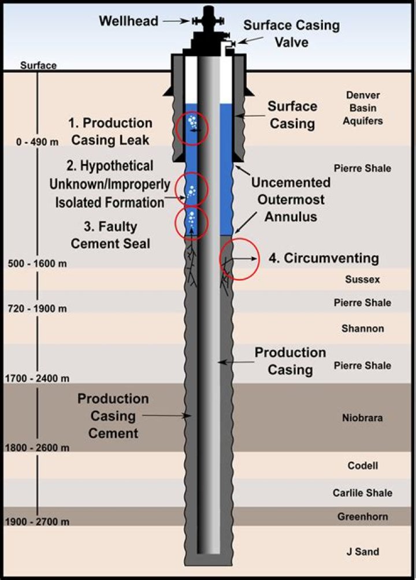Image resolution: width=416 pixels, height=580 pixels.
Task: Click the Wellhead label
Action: coord(128,21)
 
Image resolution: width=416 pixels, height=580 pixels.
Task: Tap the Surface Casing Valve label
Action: coord(291,34)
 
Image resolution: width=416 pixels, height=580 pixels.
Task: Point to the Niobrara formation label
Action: coord(362,418)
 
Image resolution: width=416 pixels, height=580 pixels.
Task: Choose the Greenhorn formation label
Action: coord(362,516)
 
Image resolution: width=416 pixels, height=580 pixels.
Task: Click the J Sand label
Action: coord(363,552)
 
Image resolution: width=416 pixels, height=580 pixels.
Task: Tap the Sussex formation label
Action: coord(362,279)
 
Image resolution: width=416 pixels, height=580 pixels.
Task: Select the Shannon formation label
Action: coord(363,329)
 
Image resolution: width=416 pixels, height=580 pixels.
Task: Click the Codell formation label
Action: coord(363,466)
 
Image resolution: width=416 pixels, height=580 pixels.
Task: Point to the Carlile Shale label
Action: coord(362,493)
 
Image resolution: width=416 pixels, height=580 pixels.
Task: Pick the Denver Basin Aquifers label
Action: coord(363,108)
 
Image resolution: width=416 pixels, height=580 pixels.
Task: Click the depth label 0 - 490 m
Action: coord(37,142)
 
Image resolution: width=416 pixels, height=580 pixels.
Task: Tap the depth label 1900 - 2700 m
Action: coord(37,522)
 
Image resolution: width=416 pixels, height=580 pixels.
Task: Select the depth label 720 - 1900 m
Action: coord(37,308)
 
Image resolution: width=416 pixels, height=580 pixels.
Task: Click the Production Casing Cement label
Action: coord(113,416)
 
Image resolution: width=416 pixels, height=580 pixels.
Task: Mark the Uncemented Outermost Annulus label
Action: coord(291,200)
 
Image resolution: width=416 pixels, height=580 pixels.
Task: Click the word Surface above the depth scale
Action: coord(38,65)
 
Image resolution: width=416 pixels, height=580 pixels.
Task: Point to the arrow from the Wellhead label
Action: coord(176,21)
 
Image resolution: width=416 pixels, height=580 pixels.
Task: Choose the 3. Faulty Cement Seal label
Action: coord(110,235)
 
